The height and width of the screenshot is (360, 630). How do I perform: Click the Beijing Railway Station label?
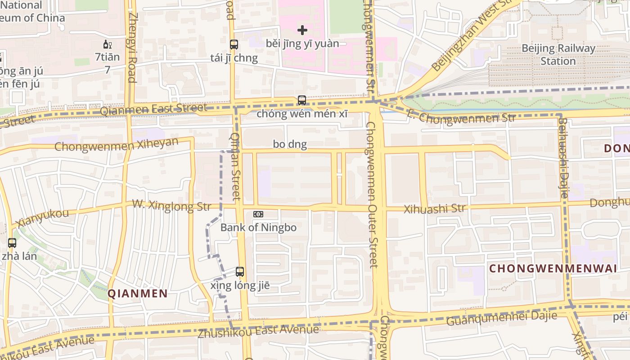click(558, 54)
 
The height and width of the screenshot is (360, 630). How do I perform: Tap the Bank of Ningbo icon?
click(258, 214)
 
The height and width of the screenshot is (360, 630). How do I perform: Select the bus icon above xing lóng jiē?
click(240, 272)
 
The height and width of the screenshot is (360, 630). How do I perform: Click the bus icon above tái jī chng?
click(234, 45)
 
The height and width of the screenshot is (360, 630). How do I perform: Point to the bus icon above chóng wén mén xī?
click(302, 100)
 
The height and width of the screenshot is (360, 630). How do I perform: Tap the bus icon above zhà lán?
click(12, 243)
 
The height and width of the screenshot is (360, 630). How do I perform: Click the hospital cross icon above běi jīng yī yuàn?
click(302, 30)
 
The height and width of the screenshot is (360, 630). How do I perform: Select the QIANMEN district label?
click(138, 294)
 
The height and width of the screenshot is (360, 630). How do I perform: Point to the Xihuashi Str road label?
click(434, 209)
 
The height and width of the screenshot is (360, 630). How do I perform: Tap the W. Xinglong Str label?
click(171, 205)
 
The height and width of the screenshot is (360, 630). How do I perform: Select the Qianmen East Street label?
click(153, 108)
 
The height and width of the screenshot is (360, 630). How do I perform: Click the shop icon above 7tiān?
click(108, 44)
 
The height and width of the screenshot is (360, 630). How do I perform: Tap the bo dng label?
click(290, 144)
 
